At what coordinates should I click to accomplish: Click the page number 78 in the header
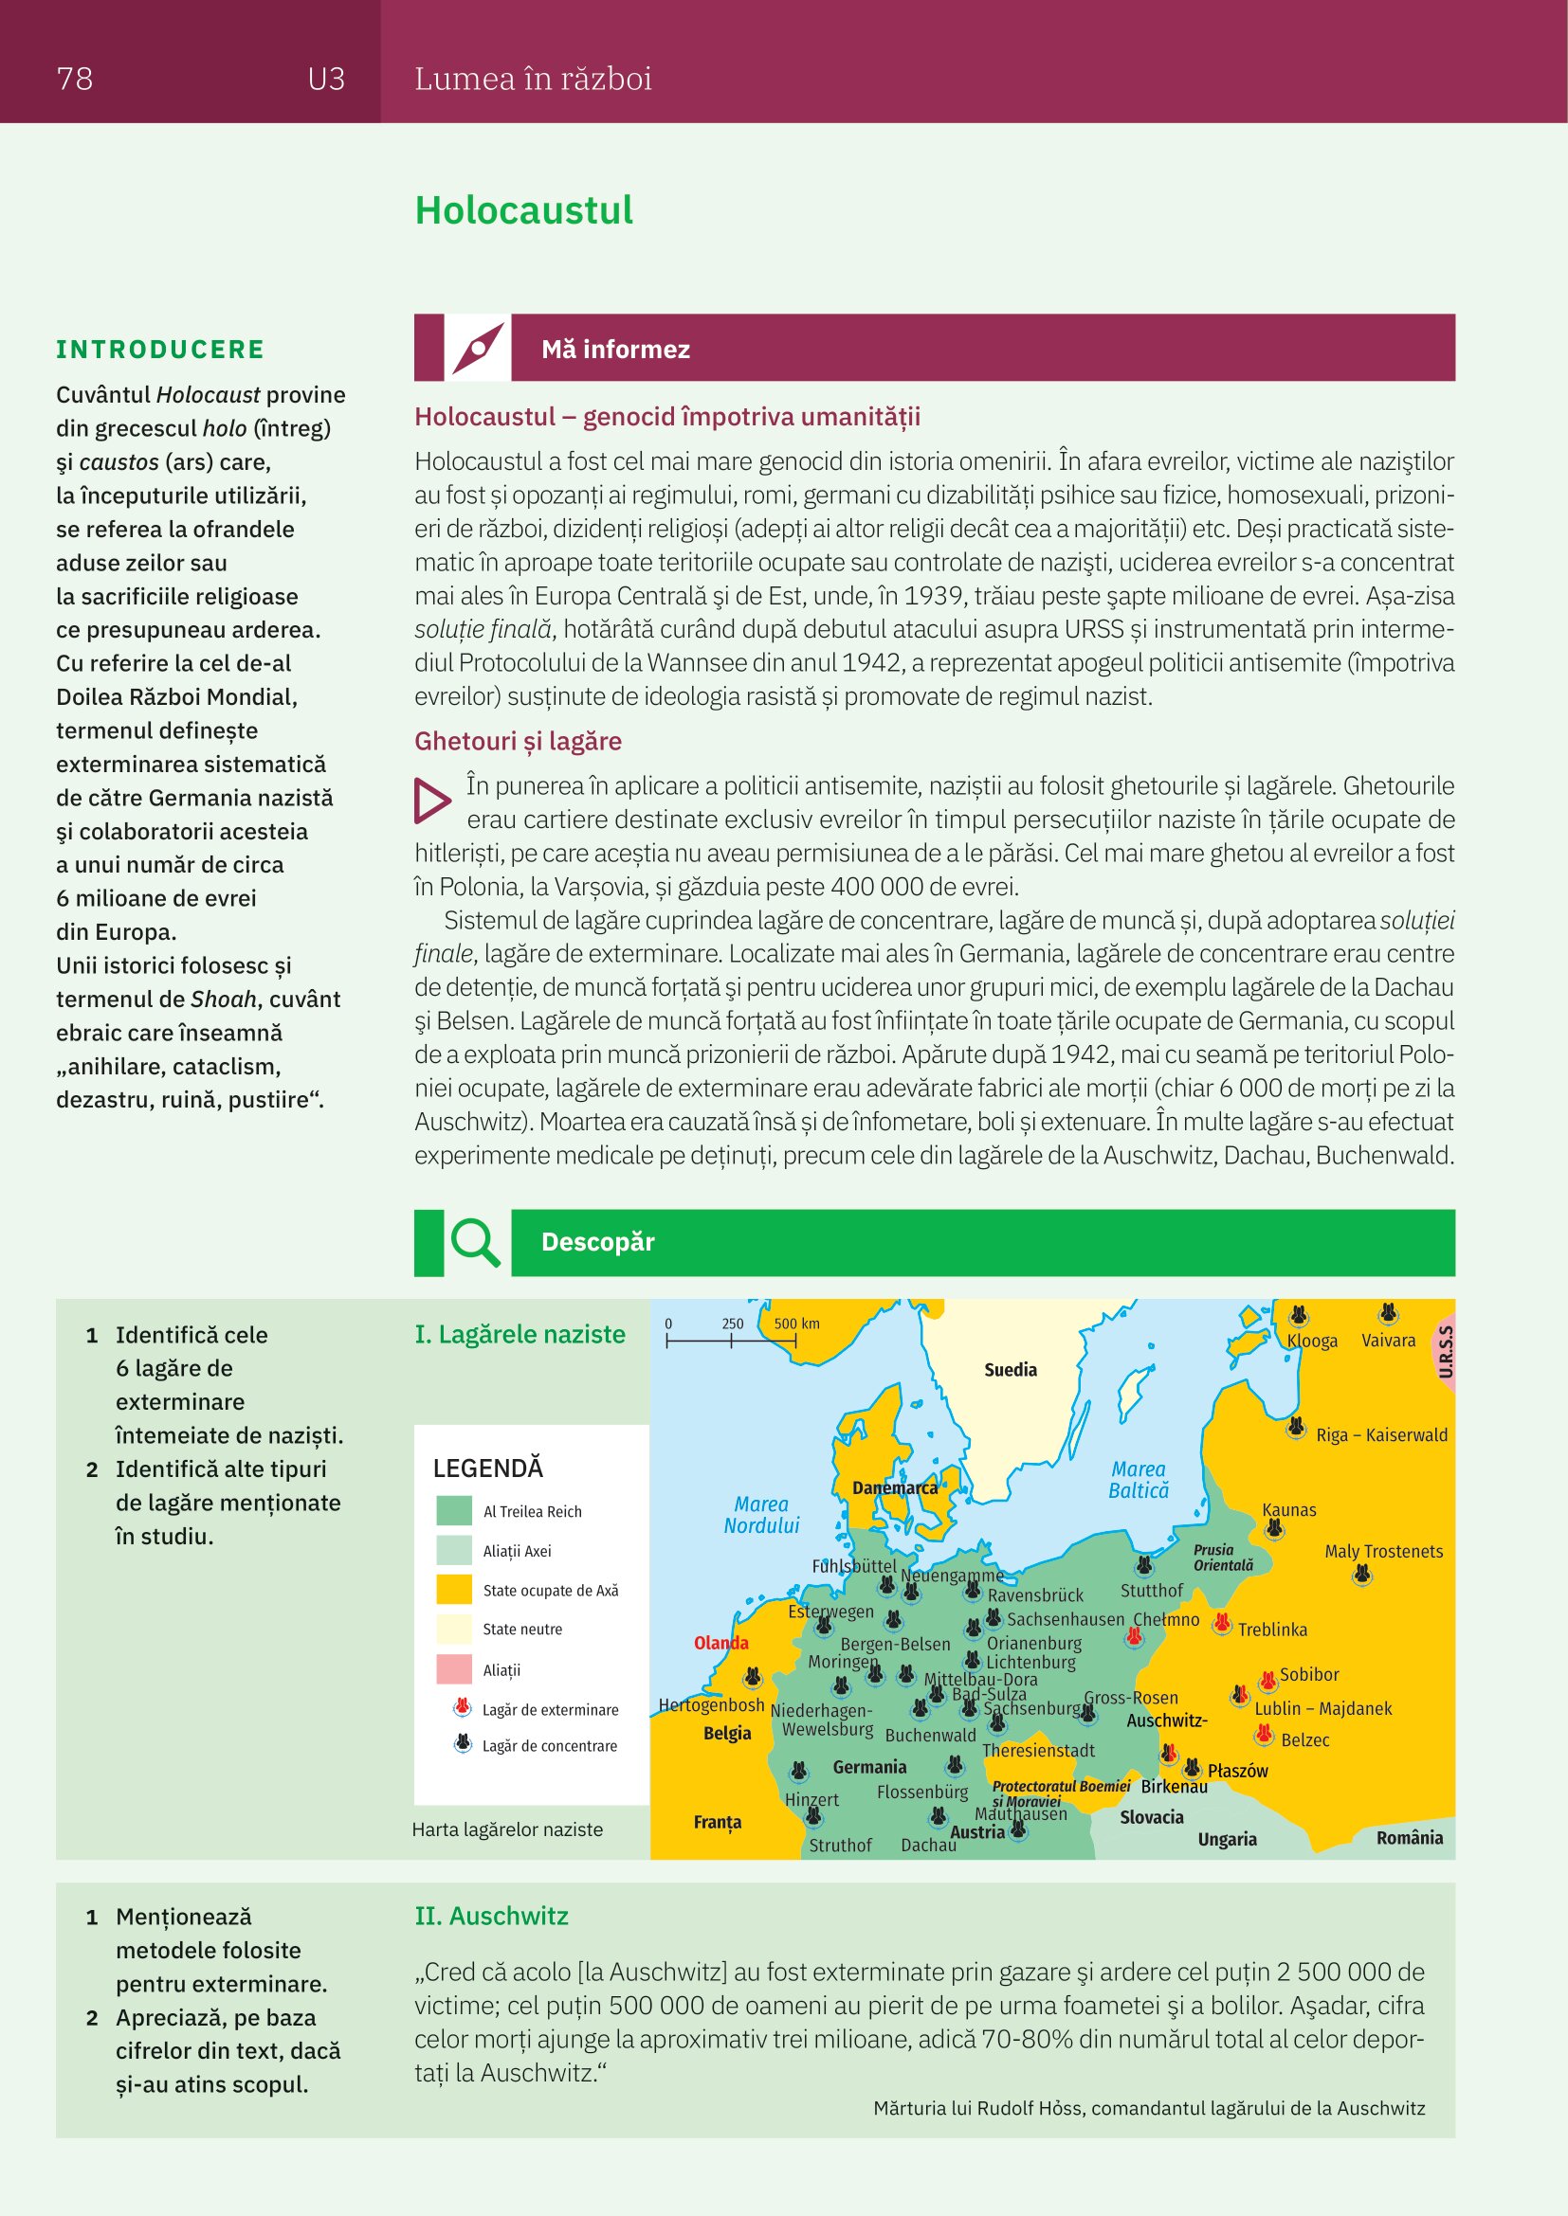pyautogui.click(x=74, y=79)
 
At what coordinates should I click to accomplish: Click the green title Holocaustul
pyautogui.click(x=523, y=210)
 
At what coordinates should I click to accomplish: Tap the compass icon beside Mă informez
pyautogui.click(x=477, y=348)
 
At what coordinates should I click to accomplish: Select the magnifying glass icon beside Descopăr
pyautogui.click(x=475, y=1241)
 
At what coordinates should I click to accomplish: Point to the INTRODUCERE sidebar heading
pyautogui.click(x=160, y=350)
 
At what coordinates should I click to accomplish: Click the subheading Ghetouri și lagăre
pyautogui.click(x=518, y=741)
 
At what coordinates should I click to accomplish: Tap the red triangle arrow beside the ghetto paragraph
pyautogui.click(x=431, y=801)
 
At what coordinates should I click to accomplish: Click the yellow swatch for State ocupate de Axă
pyautogui.click(x=454, y=1590)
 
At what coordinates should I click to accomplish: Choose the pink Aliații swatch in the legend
pyautogui.click(x=454, y=1668)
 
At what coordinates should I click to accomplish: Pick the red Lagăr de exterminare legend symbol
pyautogui.click(x=463, y=1708)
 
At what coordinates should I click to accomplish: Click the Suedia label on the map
pyautogui.click(x=1010, y=1370)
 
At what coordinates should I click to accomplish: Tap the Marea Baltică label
pyautogui.click(x=1139, y=1480)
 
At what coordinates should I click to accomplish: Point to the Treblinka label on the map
pyautogui.click(x=1271, y=1630)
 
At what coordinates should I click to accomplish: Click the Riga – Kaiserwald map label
pyautogui.click(x=1380, y=1435)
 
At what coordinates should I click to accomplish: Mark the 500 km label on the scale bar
pyautogui.click(x=796, y=1324)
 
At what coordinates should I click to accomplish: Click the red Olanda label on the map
pyautogui.click(x=720, y=1643)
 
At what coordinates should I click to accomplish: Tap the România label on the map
pyautogui.click(x=1409, y=1838)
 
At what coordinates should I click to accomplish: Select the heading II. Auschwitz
pyautogui.click(x=491, y=1916)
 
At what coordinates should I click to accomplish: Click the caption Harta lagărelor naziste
pyautogui.click(x=507, y=1829)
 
